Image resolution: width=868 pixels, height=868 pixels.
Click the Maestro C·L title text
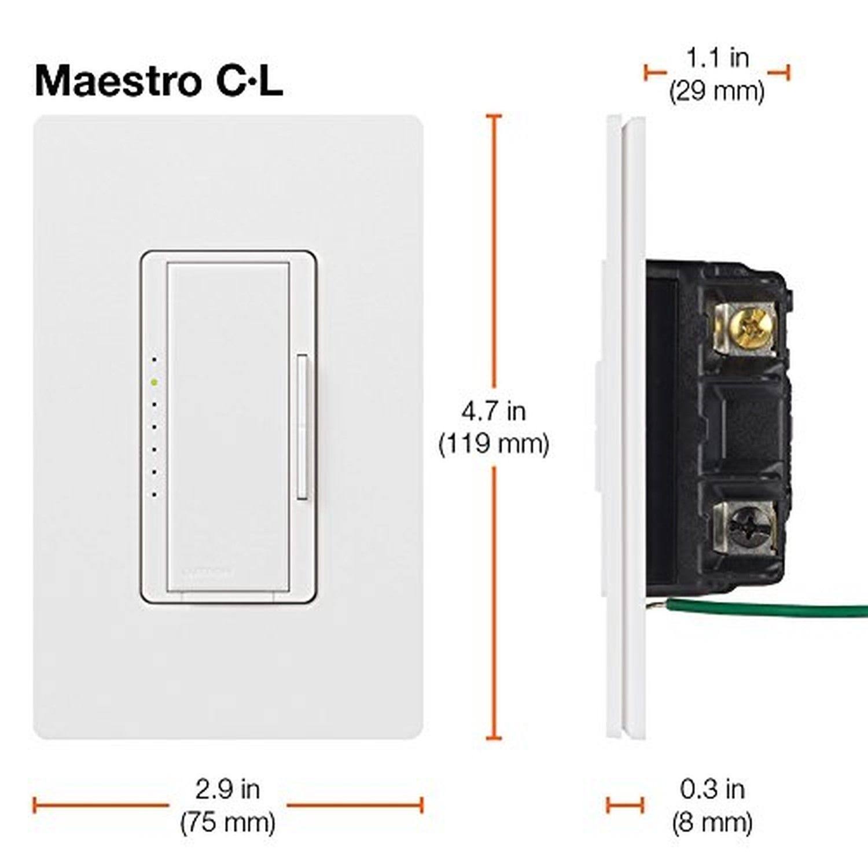click(159, 80)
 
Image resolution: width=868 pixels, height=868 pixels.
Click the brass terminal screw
click(751, 329)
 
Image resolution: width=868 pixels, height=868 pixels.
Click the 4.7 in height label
click(494, 411)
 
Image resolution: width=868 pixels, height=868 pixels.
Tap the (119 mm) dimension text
click(494, 444)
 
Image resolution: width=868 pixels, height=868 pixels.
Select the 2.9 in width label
click(227, 789)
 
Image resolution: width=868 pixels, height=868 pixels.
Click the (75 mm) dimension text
click(227, 822)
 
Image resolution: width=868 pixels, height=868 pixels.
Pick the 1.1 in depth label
click(718, 57)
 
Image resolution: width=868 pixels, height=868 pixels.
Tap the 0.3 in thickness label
click(712, 789)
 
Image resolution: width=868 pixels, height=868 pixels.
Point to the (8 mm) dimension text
click(712, 822)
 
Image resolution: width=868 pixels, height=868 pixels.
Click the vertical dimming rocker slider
click(302, 426)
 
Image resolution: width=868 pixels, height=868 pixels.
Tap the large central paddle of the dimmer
click(228, 426)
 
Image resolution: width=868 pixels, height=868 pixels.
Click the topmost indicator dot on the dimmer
click(154, 359)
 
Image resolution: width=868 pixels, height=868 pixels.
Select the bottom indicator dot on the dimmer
click(154, 495)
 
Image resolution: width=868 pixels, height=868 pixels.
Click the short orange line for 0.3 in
click(625, 804)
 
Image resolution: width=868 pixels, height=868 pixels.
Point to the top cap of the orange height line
click(494, 116)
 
